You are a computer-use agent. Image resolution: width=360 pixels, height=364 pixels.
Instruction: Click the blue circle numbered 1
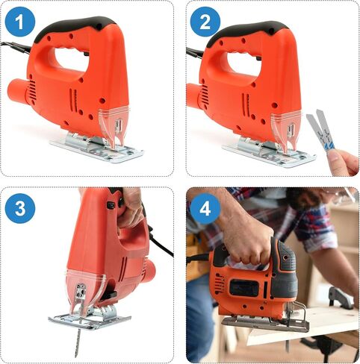click(x=20, y=22)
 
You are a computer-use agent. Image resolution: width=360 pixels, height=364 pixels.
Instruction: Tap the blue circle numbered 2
click(x=205, y=22)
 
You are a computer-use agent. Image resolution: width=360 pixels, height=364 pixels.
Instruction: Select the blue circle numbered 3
click(x=20, y=208)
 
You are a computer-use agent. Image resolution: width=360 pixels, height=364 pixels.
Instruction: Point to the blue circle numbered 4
click(x=205, y=208)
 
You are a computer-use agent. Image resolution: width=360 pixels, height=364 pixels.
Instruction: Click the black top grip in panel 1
click(x=75, y=27)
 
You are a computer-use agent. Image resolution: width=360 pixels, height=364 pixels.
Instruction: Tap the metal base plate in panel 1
click(x=97, y=148)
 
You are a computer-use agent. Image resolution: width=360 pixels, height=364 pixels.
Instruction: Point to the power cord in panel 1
click(x=16, y=47)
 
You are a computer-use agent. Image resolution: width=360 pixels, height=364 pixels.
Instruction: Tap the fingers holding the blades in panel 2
click(x=343, y=162)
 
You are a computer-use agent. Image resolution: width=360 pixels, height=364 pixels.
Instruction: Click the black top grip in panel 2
click(x=248, y=31)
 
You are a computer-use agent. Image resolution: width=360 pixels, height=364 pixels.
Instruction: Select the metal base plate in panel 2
click(x=270, y=152)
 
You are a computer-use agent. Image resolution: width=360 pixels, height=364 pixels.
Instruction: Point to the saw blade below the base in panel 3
click(x=78, y=342)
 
